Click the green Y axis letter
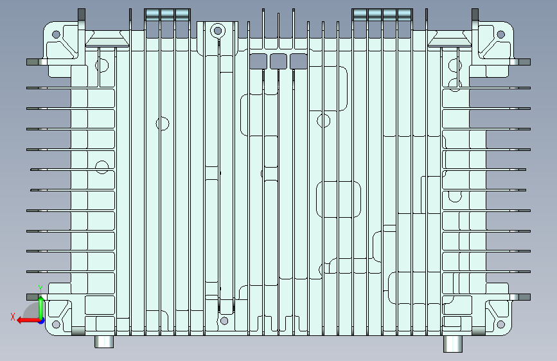[40, 288]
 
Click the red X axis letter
[13, 317]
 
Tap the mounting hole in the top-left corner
[56, 35]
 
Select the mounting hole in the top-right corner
[501, 35]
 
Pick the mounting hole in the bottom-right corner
[501, 324]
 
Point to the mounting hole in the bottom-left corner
[56, 324]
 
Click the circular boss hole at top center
[218, 31]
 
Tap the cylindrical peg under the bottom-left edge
[104, 342]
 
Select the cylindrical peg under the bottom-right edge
[453, 344]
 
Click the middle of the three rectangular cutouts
[278, 62]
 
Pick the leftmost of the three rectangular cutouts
[258, 62]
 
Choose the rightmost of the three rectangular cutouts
[298, 62]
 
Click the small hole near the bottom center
[224, 321]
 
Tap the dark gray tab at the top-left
[82, 15]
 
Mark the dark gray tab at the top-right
[475, 15]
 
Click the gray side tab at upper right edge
[524, 62]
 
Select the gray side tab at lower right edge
[524, 297]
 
